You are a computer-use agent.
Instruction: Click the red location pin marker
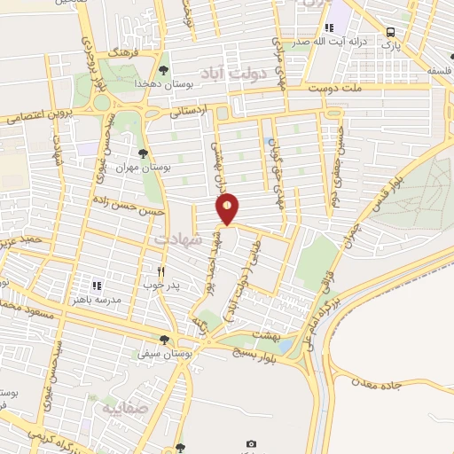228,207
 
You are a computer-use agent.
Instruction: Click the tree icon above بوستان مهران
144,153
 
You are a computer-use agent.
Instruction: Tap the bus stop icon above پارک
390,33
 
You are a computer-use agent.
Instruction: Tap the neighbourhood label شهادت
176,239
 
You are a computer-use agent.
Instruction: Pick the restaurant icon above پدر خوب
160,271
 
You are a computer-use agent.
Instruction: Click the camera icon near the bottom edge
251,443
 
